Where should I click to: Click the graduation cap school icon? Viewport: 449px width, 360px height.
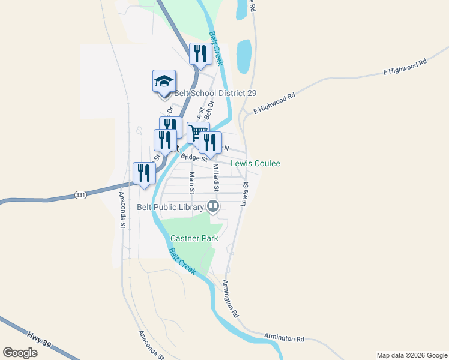[164, 82]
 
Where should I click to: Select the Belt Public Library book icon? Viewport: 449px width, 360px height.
[212, 207]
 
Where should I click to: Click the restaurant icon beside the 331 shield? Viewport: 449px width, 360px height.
[144, 173]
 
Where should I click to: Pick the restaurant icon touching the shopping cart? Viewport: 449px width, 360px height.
[210, 142]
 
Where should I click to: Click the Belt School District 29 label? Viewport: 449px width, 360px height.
[215, 93]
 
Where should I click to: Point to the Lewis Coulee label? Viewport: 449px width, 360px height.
[256, 163]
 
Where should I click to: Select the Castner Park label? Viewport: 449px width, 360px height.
[194, 238]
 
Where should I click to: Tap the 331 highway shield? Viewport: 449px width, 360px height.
[80, 195]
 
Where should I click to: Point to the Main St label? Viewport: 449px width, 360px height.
[192, 183]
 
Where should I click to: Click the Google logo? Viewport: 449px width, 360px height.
[20, 353]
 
